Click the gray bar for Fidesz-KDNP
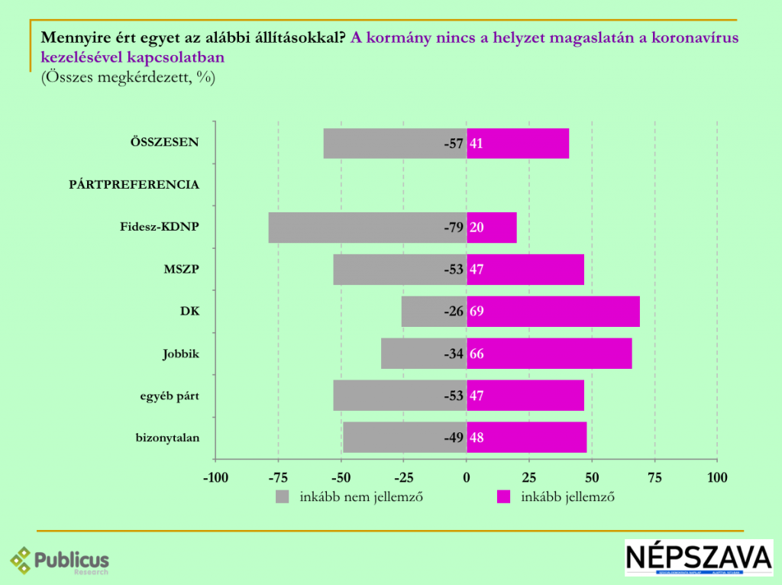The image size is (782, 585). [367, 228]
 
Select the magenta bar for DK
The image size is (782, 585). [553, 312]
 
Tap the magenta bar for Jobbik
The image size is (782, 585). [549, 354]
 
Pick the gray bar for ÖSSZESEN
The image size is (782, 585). [395, 144]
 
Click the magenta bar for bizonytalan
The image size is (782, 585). [526, 438]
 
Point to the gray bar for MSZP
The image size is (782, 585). [400, 270]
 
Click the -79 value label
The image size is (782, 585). [454, 228]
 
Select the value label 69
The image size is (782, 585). [477, 312]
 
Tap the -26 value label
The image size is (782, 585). [454, 312]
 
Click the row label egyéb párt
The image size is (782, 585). [169, 396]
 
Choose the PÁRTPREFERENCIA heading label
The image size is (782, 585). [134, 185]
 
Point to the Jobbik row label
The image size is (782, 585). [180, 354]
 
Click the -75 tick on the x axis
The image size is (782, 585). [278, 478]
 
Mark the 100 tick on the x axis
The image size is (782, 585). [717, 478]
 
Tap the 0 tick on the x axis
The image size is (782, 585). [467, 478]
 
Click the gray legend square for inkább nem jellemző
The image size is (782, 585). [283, 497]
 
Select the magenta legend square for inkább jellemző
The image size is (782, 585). [504, 497]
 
